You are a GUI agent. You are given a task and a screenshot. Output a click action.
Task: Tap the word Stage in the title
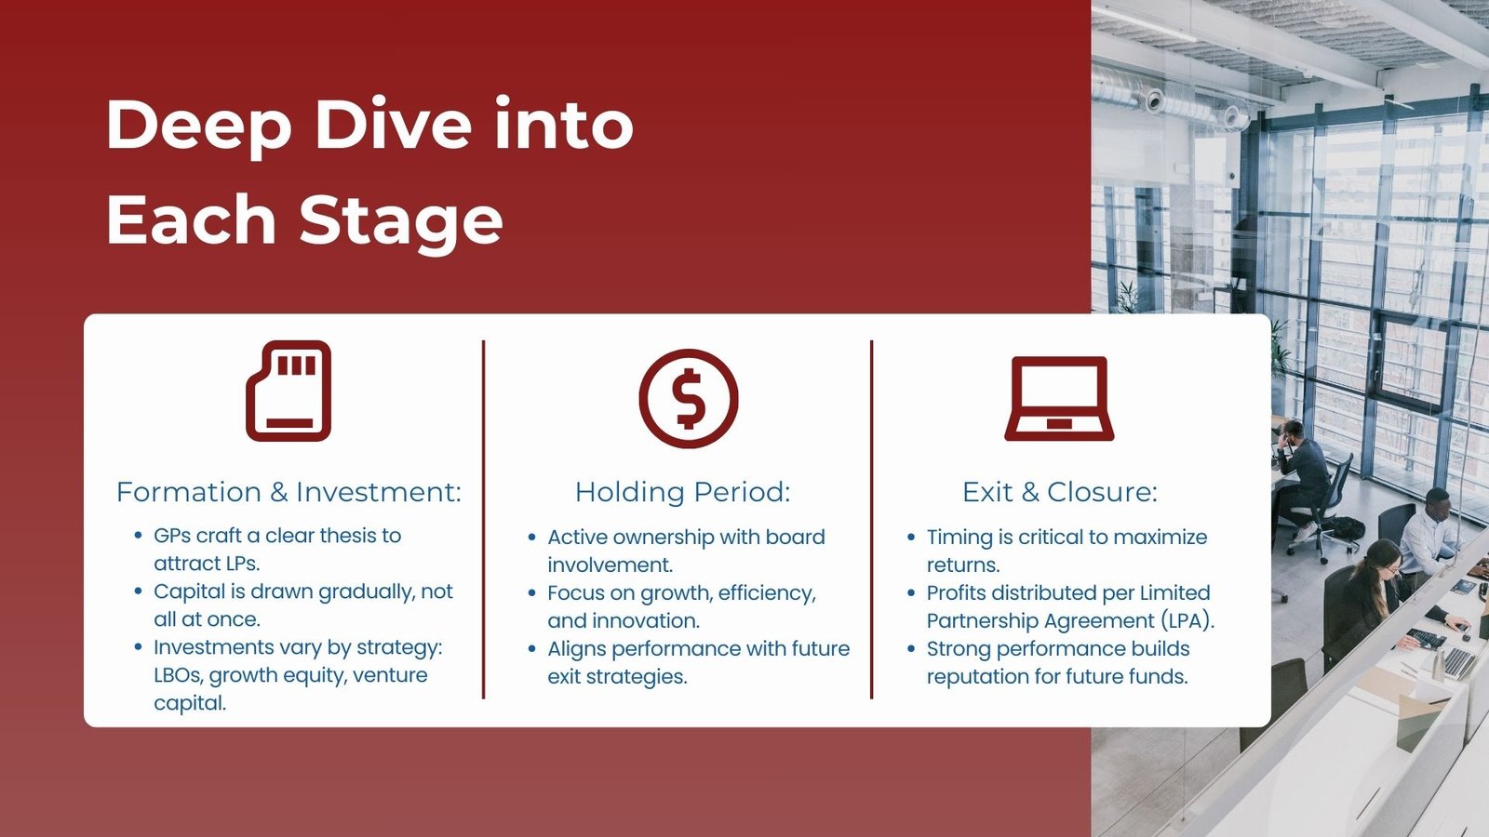pyautogui.click(x=401, y=221)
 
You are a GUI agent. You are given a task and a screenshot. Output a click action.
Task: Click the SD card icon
pyautogui.click(x=288, y=391)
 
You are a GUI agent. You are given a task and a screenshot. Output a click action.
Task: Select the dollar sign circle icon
pyautogui.click(x=689, y=398)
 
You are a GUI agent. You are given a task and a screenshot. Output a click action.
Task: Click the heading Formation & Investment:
pyautogui.click(x=288, y=492)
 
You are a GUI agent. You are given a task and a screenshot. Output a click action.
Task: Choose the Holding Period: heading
pyautogui.click(x=682, y=492)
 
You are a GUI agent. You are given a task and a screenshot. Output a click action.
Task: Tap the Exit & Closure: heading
pyautogui.click(x=1060, y=492)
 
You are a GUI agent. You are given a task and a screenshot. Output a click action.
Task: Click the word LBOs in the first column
pyautogui.click(x=178, y=675)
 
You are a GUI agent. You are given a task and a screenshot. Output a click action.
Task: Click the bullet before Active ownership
pyautogui.click(x=532, y=538)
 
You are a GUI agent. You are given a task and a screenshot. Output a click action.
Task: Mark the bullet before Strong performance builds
pyautogui.click(x=911, y=649)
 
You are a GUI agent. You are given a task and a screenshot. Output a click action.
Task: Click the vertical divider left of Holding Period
pyautogui.click(x=484, y=519)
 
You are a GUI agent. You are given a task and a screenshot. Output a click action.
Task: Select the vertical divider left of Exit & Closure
pyautogui.click(x=871, y=519)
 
